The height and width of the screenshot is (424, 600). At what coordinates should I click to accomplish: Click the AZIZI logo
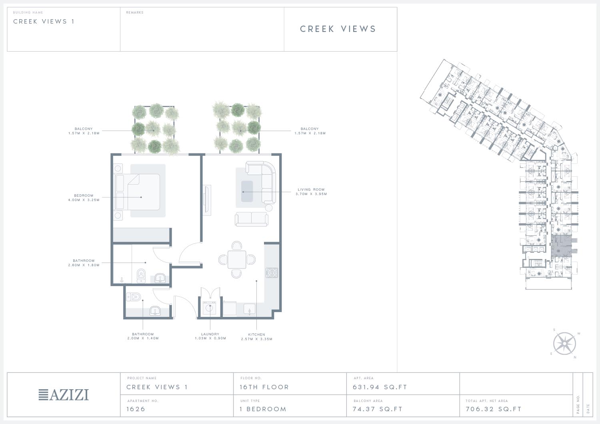[64, 395]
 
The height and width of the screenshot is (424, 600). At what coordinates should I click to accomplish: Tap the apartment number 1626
[136, 409]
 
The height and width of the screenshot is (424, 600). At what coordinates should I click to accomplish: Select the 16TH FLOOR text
[264, 387]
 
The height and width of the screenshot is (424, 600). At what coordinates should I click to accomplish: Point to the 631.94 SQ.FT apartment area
[380, 387]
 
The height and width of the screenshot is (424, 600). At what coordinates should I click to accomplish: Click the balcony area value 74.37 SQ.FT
[378, 409]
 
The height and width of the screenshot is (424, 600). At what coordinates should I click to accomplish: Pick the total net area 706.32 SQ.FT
[493, 409]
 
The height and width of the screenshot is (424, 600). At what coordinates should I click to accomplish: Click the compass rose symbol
[565, 343]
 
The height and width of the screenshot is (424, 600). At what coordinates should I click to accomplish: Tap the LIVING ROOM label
[311, 189]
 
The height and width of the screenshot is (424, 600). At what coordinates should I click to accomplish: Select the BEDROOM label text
[84, 196]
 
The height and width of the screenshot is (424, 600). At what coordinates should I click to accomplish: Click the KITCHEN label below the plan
[257, 334]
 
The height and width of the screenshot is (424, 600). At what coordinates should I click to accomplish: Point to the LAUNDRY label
[210, 334]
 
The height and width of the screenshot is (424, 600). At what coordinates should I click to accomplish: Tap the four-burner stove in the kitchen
[272, 273]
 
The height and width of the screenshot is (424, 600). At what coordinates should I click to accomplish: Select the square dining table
[237, 260]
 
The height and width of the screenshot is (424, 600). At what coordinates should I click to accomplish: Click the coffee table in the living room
[247, 191]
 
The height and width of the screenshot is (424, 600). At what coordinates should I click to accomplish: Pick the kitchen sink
[249, 309]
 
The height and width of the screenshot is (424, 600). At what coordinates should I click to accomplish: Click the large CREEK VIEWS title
[338, 29]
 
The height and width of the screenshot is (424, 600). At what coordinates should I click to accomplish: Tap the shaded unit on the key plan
[561, 245]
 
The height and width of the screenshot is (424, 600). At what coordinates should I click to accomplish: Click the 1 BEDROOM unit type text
[263, 409]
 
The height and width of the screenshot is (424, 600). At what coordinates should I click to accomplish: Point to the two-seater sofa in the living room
[252, 219]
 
